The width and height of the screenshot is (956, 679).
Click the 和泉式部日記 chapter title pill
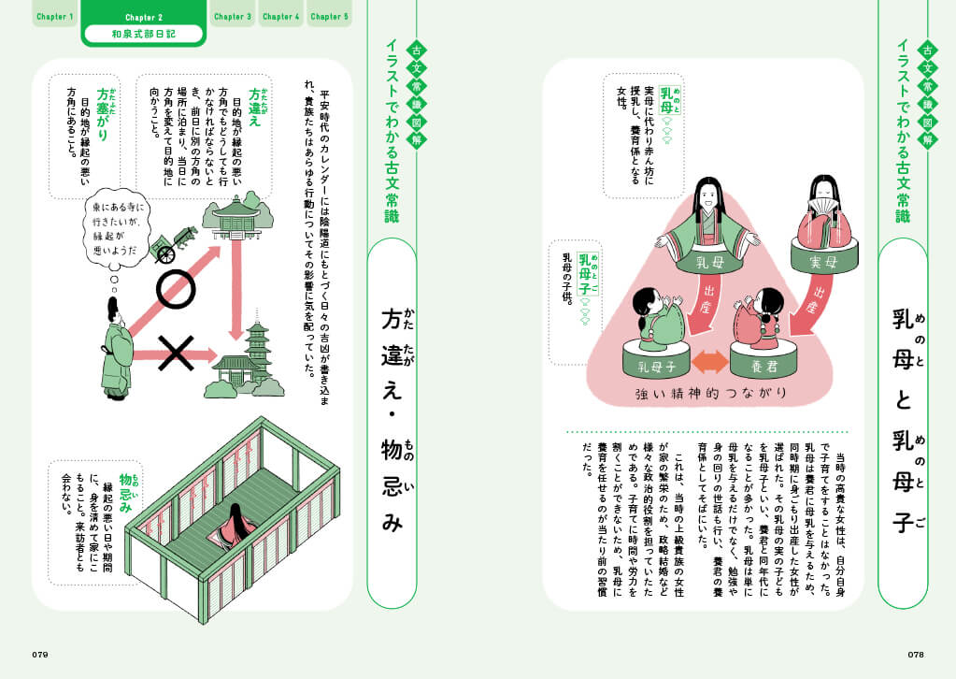[143, 35]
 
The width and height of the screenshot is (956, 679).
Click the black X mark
[176, 354]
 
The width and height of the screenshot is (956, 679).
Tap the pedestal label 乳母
[709, 262]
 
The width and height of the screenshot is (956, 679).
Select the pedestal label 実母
[823, 262]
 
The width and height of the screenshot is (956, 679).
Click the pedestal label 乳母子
[657, 367]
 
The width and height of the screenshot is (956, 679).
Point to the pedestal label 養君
[763, 366]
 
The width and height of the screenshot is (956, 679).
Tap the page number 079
[40, 655]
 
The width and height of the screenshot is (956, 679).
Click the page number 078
[916, 655]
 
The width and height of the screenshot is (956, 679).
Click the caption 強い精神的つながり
[711, 394]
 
